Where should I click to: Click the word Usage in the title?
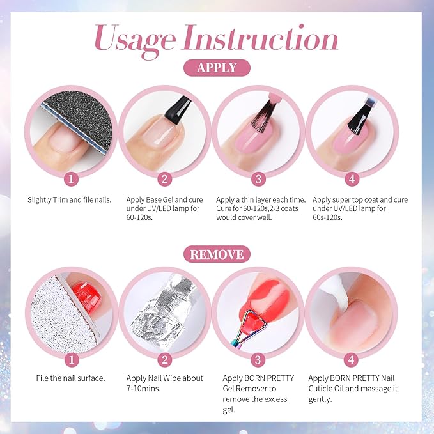(x=134, y=40)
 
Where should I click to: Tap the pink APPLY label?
(x=217, y=68)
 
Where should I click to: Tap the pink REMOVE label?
(x=217, y=254)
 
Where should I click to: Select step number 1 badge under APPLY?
(x=72, y=178)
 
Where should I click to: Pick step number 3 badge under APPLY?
(x=260, y=178)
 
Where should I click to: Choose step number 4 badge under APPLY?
(x=352, y=178)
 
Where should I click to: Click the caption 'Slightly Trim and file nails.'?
(x=70, y=199)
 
